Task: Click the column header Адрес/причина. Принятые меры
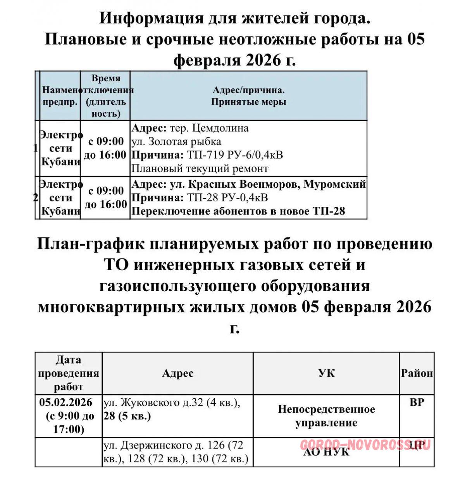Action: [x=248, y=96]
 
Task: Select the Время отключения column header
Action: [x=105, y=96]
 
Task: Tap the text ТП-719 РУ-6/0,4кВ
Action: [x=235, y=155]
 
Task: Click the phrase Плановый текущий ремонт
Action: [x=200, y=169]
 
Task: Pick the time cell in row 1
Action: [x=105, y=148]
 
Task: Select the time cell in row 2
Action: [x=105, y=197]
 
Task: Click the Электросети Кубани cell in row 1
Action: [x=60, y=148]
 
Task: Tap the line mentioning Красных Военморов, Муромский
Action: [x=267, y=184]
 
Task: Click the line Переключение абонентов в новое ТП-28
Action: [x=238, y=211]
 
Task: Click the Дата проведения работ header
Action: [x=69, y=373]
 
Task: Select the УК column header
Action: [x=326, y=373]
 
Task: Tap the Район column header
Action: [x=417, y=373]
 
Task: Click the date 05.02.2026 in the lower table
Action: [x=66, y=402]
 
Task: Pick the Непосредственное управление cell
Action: [x=326, y=416]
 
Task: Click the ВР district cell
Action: [x=417, y=402]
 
